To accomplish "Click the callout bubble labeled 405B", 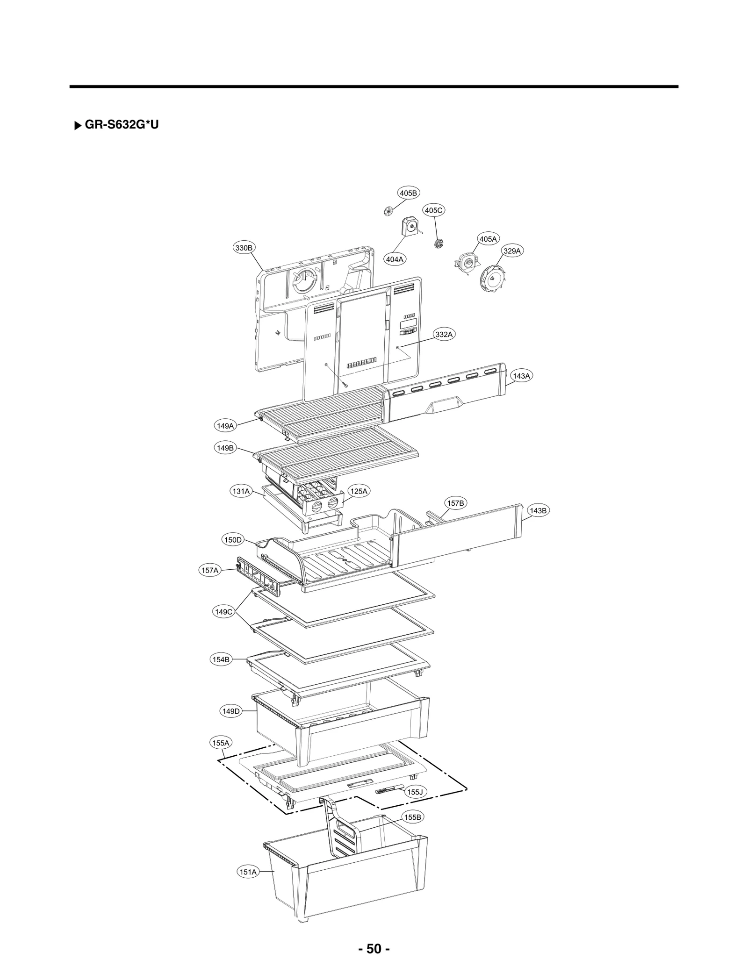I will (408, 193).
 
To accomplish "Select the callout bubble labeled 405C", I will (433, 210).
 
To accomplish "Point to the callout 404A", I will (395, 259).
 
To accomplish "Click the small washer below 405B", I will (387, 211).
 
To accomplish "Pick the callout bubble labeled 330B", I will (244, 248).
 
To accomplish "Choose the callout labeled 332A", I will (444, 334).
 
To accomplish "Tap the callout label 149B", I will (225, 448).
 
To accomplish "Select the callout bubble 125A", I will (359, 491).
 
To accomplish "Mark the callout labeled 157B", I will (455, 503).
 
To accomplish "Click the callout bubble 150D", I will (232, 540).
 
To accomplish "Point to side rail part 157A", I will (260, 577).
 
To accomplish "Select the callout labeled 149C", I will (223, 612).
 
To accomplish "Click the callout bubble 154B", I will (221, 659).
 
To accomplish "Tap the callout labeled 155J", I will (415, 792).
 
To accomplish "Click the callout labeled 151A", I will (248, 872).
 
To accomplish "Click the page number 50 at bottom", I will (374, 948).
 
